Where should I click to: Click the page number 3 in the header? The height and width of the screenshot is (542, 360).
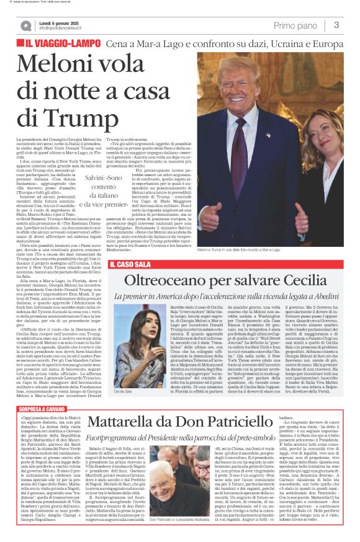336,25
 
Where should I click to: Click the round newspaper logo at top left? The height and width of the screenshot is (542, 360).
25,25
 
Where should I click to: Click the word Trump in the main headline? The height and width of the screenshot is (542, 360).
68,117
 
